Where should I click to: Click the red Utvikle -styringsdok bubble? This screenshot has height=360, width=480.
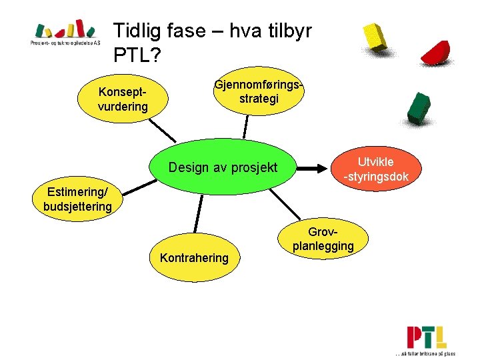pos(376,169)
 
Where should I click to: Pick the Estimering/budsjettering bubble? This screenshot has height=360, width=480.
pos(77,200)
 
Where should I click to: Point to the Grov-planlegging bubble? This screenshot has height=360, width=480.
pos(323,240)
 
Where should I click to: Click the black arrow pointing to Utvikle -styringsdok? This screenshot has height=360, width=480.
pos(313,169)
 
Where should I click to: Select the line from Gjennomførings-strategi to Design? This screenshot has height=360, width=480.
pos(245,125)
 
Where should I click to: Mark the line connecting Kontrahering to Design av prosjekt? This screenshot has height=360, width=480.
pos(198,213)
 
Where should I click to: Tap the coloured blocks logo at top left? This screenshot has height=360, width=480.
pos(65,30)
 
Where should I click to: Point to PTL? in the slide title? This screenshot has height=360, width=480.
pos(137,55)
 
